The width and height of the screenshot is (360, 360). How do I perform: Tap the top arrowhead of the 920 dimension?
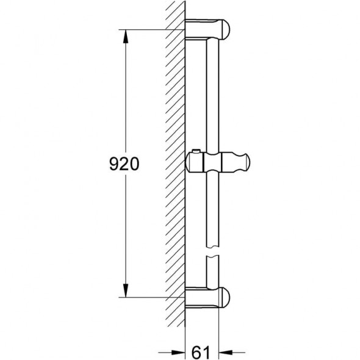(126, 36)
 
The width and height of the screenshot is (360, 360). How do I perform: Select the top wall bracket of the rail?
(207, 29)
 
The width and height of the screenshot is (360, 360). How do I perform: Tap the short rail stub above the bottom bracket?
(212, 272)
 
